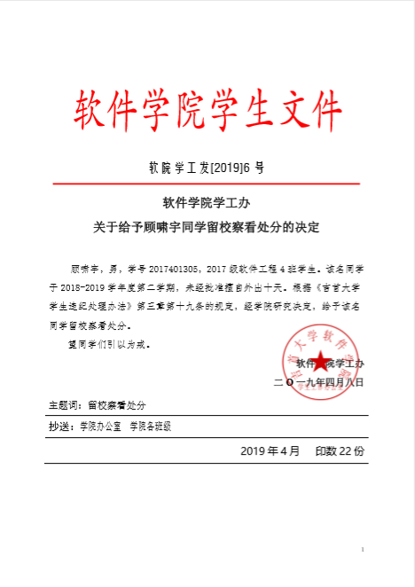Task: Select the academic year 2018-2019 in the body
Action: pos(83,286)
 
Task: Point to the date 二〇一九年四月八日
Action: pos(318,382)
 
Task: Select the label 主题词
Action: pos(65,405)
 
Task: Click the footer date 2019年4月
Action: pos(270,450)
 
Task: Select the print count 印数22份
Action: pos(340,450)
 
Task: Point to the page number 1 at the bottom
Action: pos(364,551)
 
